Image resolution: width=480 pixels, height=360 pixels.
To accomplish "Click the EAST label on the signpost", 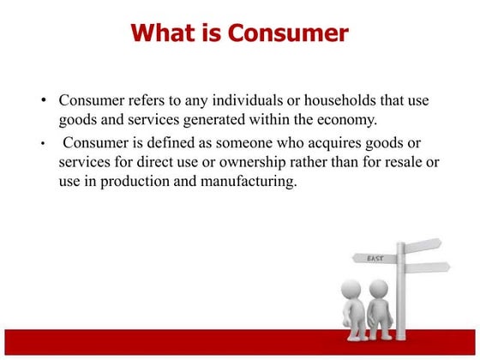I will tap(375, 257).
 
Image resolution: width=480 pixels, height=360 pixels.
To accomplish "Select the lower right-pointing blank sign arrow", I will tap(426, 268).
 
